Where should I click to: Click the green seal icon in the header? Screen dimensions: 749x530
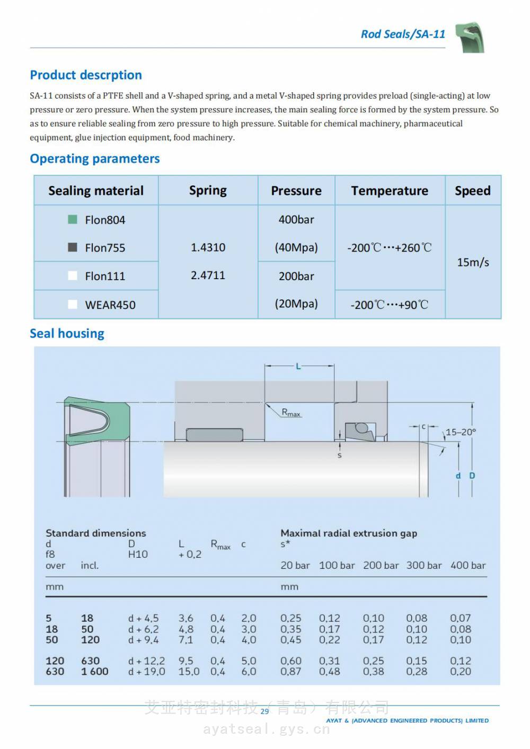click(x=470, y=37)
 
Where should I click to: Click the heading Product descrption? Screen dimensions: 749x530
click(x=86, y=75)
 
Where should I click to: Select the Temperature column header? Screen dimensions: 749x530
click(x=390, y=191)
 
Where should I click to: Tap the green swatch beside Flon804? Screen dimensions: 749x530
click(x=73, y=219)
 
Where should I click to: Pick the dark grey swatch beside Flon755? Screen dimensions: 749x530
click(x=73, y=247)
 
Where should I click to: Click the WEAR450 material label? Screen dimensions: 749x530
click(x=110, y=305)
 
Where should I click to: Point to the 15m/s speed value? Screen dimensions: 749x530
click(x=473, y=262)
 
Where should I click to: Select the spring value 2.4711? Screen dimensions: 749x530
click(x=208, y=275)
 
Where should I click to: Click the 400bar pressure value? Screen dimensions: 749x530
click(x=296, y=219)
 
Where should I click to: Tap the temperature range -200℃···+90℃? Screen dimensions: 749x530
click(x=390, y=305)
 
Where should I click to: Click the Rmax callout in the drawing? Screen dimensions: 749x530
click(x=291, y=413)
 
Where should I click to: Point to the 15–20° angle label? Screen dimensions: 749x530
click(x=461, y=432)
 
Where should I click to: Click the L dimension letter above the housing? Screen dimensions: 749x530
click(x=298, y=366)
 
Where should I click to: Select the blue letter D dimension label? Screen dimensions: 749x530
click(x=472, y=476)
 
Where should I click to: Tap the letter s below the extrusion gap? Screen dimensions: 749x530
click(x=340, y=455)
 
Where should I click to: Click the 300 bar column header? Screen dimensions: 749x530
click(x=424, y=566)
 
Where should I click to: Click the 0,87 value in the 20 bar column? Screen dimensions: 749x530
click(x=291, y=672)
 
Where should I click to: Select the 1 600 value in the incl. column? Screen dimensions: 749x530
click(x=95, y=672)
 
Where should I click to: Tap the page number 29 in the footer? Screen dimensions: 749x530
click(x=264, y=711)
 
